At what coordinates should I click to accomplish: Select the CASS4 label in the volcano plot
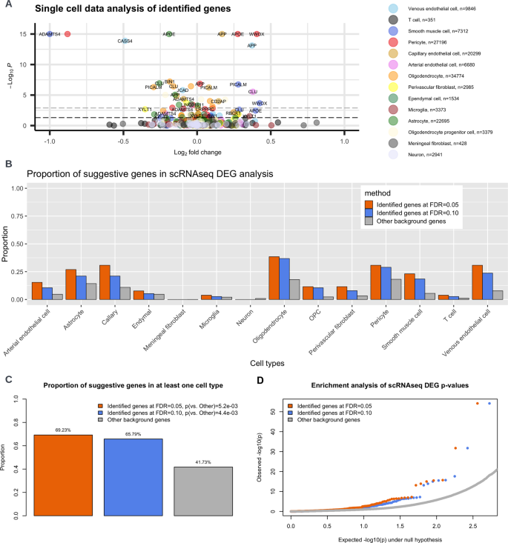coord(125,41)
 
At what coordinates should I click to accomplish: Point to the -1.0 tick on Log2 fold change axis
coord(50,141)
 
